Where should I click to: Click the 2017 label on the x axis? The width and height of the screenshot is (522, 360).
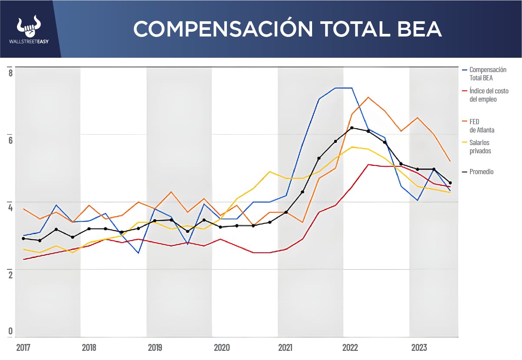pos(23,348)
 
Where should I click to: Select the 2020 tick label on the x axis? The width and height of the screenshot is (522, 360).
pos(221,348)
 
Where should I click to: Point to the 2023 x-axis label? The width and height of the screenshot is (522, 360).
pos(418,348)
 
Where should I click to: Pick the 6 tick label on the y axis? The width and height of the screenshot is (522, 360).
pos(10,140)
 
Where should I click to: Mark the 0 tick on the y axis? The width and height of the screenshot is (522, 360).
pos(10,331)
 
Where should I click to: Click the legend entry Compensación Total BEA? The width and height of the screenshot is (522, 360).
pos(488,74)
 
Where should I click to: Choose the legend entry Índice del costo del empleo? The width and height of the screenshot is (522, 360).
pos(489,95)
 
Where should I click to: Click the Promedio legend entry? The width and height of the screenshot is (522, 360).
pos(481,172)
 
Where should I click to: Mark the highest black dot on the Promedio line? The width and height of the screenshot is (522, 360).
pos(352,128)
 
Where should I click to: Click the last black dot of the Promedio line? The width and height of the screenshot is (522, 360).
pos(450,183)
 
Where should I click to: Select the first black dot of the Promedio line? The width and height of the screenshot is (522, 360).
pos(23,238)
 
